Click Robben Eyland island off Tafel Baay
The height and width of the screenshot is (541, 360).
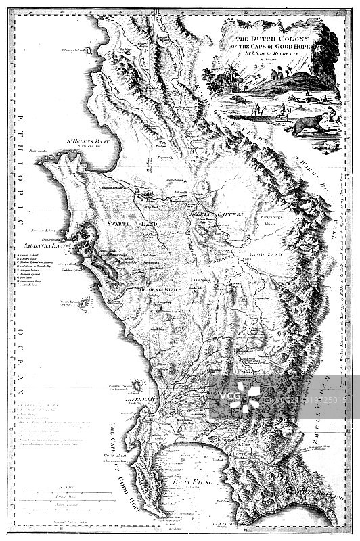137,385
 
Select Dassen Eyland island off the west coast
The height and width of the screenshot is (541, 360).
84,305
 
